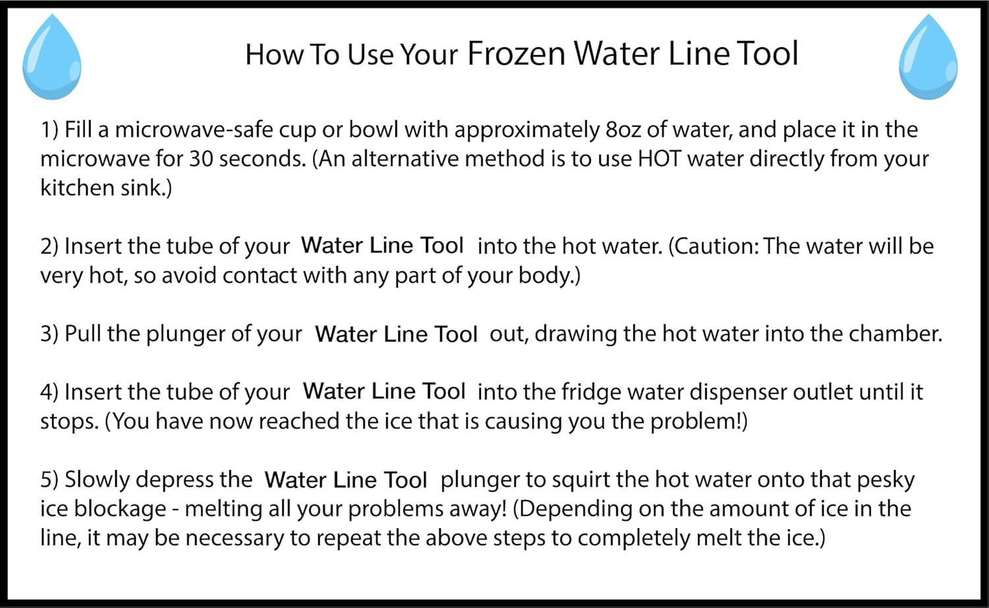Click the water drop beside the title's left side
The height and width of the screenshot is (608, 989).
pos(51,57)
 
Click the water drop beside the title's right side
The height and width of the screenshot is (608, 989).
pos(928,57)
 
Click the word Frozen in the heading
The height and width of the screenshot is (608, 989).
pos(516,53)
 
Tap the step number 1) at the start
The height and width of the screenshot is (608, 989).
pos(49,130)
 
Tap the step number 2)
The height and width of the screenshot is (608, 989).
pos(49,246)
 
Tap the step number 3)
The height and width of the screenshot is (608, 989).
pos(49,334)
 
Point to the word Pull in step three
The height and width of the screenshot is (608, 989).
pos(82,334)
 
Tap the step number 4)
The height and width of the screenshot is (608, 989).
pos(49,392)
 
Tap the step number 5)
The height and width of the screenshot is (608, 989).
pos(49,480)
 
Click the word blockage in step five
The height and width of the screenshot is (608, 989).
pos(120,510)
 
